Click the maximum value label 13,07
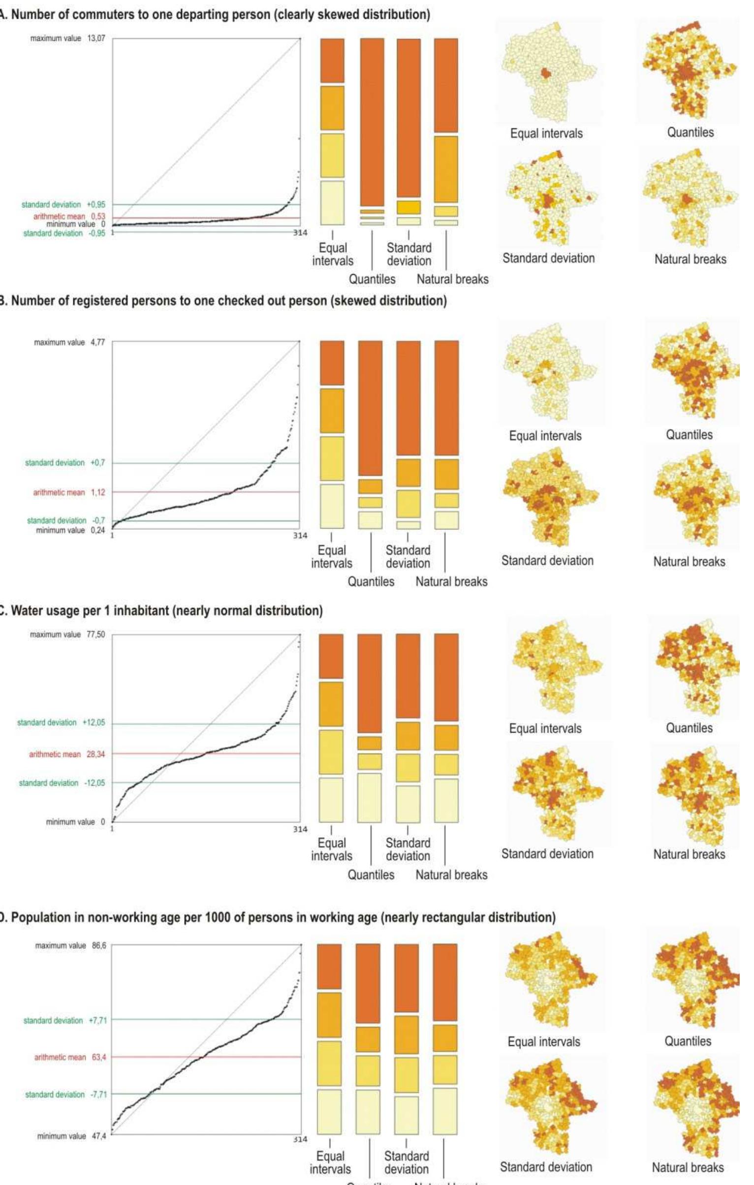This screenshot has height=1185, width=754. pyautogui.click(x=67, y=38)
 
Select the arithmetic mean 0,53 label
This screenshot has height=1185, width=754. pyautogui.click(x=69, y=216)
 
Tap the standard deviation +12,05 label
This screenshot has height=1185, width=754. pyautogui.click(x=61, y=723)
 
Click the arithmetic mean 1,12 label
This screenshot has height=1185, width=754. pyautogui.click(x=69, y=492)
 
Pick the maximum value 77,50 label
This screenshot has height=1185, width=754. pyautogui.click(x=67, y=635)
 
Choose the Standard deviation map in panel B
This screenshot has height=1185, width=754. pyautogui.click(x=548, y=497)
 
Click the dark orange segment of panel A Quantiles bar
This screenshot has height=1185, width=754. pyautogui.click(x=372, y=122)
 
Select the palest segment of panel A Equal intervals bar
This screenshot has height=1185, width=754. pyautogui.click(x=332, y=203)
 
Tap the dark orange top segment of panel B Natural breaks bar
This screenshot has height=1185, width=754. pyautogui.click(x=447, y=397)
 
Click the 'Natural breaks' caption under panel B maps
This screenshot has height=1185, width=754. pyautogui.click(x=689, y=561)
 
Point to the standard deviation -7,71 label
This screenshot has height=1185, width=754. pyautogui.click(x=65, y=1094)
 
